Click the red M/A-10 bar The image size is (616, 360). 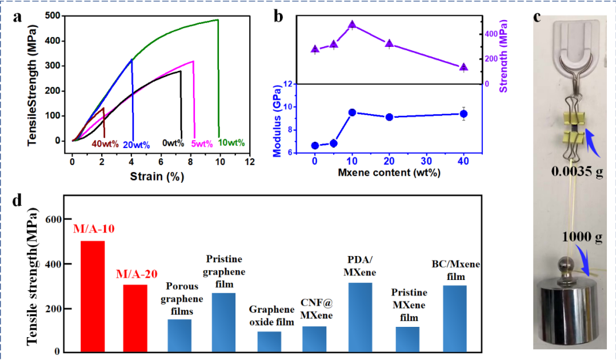(93, 297)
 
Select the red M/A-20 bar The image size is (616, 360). (135, 318)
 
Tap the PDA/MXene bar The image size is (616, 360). (360, 317)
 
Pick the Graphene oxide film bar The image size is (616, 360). (270, 342)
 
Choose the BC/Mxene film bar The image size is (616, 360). (455, 319)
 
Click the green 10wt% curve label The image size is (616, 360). (231, 143)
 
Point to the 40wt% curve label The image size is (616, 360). (105, 144)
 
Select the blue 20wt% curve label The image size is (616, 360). (137, 145)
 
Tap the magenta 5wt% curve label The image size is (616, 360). (202, 144)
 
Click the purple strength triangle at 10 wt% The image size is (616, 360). (352, 25)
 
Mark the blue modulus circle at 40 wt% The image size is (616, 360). (463, 114)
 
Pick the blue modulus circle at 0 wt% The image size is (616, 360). (315, 146)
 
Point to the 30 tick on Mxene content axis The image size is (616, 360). (426, 161)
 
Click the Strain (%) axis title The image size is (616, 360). (157, 177)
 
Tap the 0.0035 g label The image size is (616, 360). (577, 172)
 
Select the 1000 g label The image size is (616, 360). (582, 237)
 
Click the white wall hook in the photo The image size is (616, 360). (576, 43)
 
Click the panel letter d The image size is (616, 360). (17, 200)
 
